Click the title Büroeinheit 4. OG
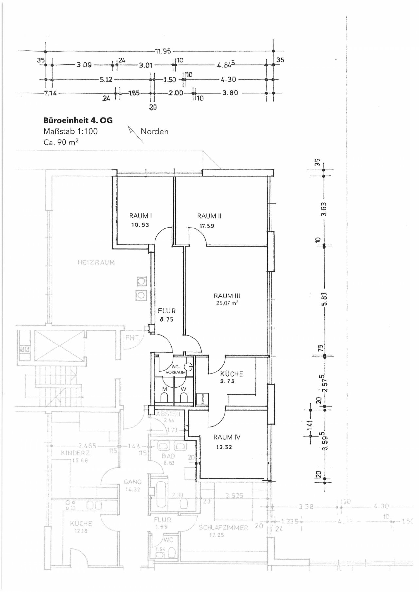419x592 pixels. point(78,120)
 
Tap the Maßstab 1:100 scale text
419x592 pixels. point(70,131)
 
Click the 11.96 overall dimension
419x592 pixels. point(163,51)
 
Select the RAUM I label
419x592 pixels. point(140,216)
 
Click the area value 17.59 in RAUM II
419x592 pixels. point(207,226)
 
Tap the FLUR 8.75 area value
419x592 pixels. point(166,320)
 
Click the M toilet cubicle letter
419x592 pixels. point(165,389)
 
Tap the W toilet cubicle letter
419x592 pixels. point(183,389)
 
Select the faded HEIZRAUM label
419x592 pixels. point(96,262)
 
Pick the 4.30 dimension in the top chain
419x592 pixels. point(228,79)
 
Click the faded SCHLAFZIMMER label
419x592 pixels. point(223,527)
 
